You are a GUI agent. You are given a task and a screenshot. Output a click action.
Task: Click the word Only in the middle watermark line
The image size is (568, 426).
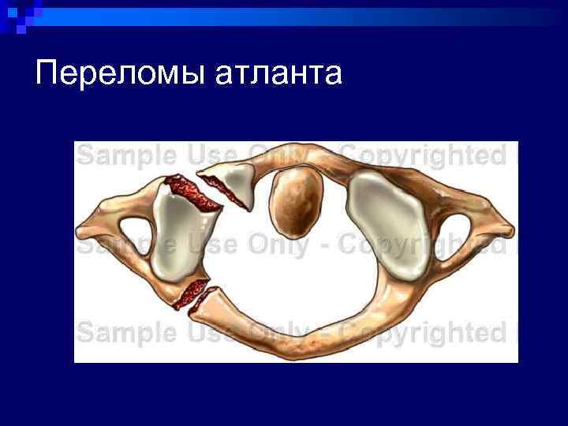[x=276, y=246]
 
